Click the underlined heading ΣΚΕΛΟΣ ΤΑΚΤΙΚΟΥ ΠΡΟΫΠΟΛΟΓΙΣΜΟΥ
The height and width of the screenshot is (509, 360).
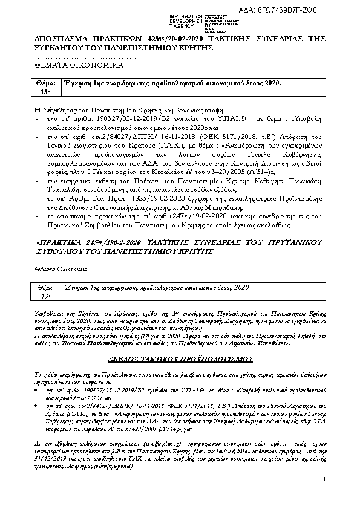click(x=184, y=358)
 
